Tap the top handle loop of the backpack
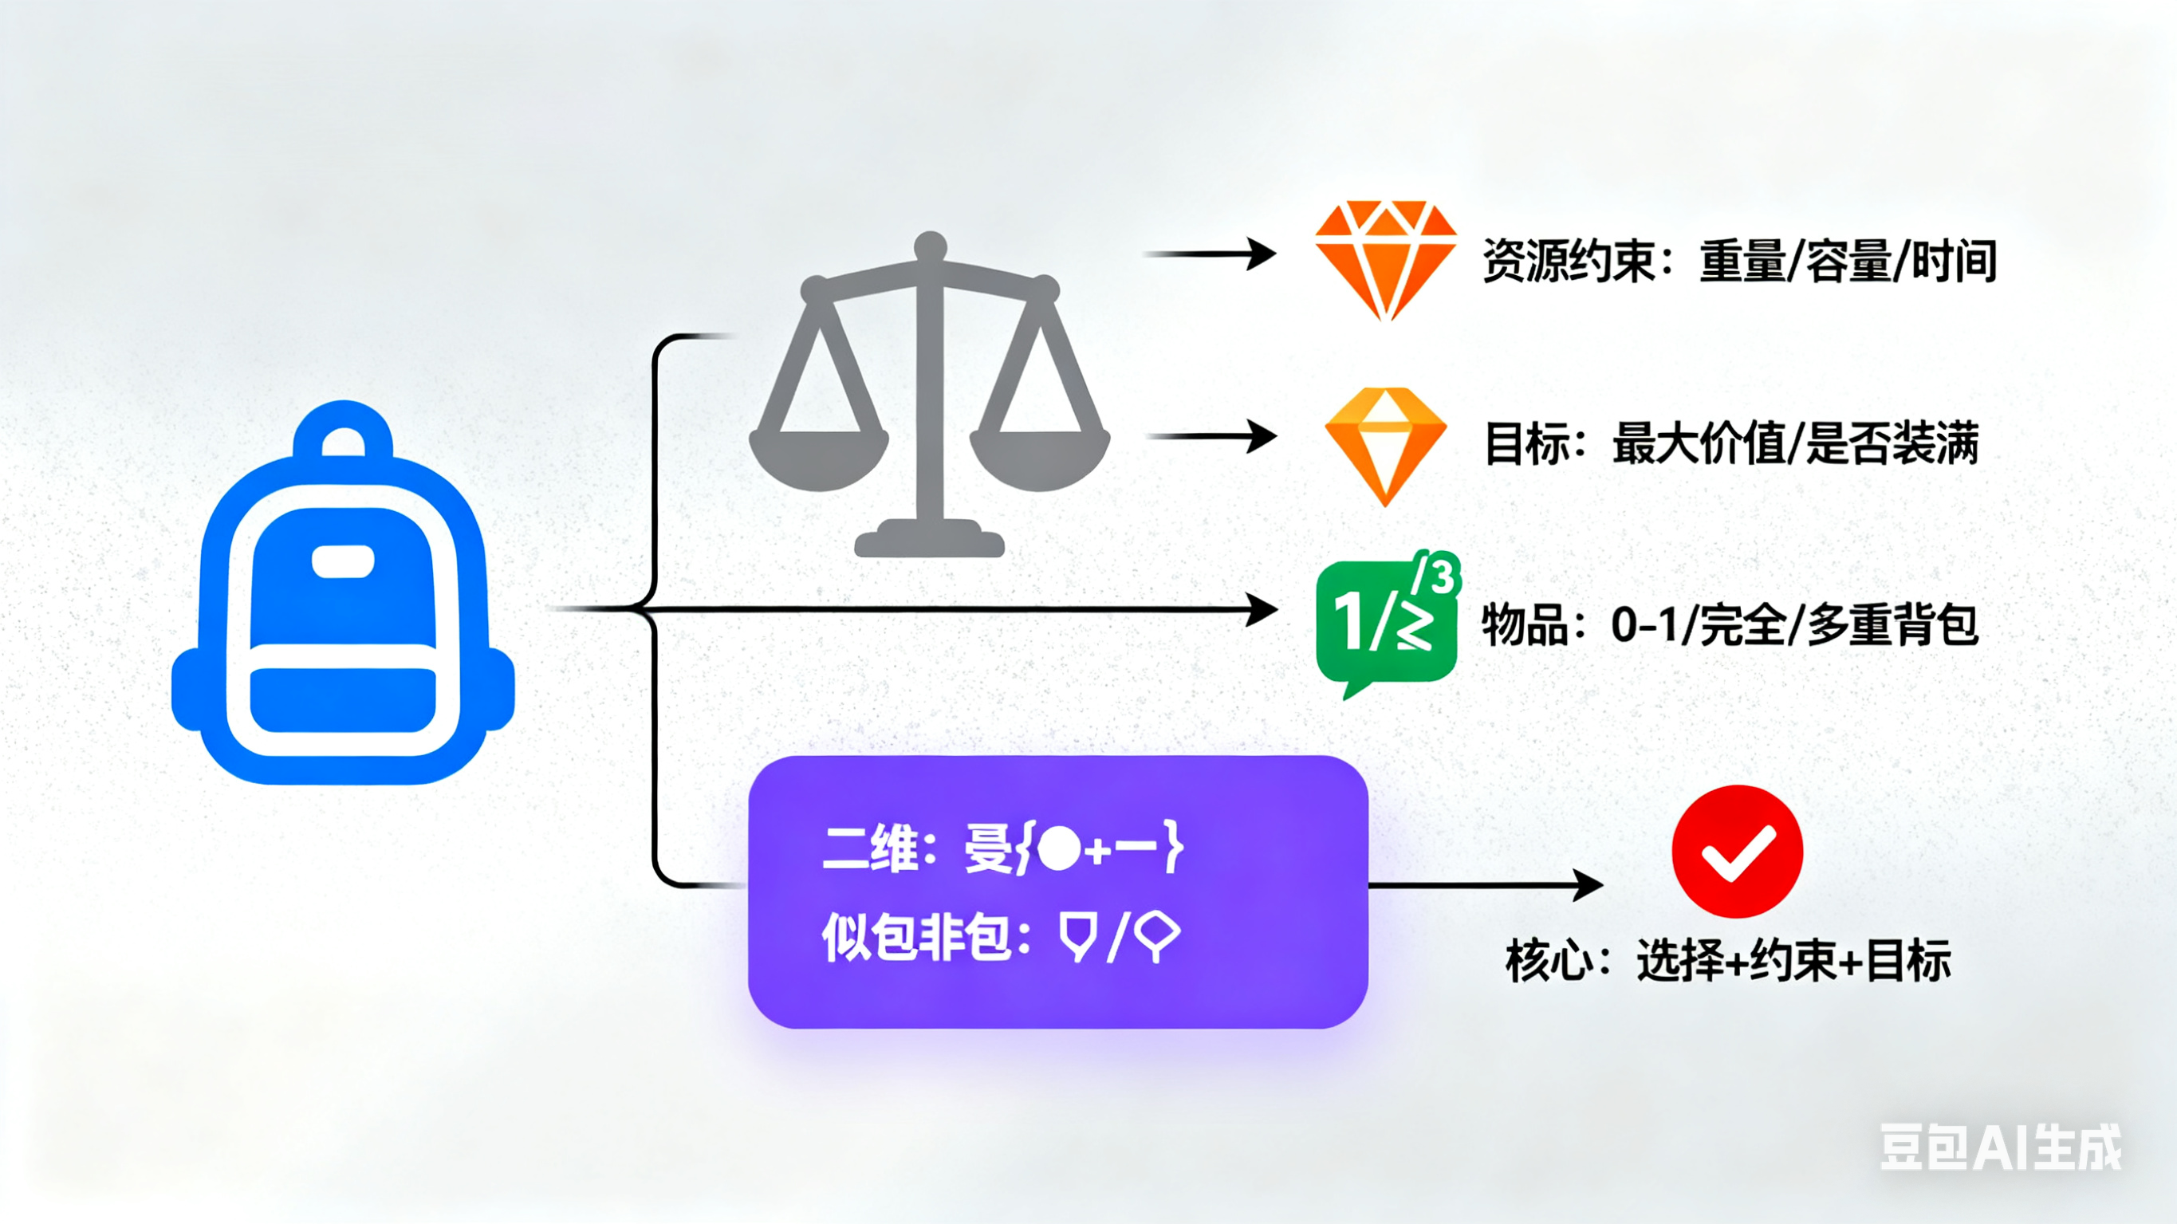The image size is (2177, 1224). tap(343, 427)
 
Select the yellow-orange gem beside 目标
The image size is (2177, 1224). tap(1385, 444)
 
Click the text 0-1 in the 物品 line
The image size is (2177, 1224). tap(1644, 625)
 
